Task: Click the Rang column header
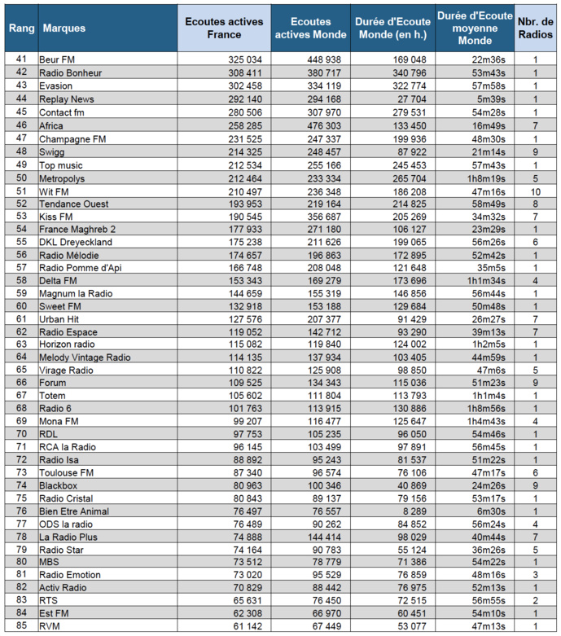21,29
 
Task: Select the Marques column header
64,29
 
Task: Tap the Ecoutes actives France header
213,29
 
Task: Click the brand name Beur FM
57,59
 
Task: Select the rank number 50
21,178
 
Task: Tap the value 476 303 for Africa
323,126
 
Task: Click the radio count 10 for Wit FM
535,192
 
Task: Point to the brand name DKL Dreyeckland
76,242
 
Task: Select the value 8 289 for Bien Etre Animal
413,511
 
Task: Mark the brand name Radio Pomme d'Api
80,268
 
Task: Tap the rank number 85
21,625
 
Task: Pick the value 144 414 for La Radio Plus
323,537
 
